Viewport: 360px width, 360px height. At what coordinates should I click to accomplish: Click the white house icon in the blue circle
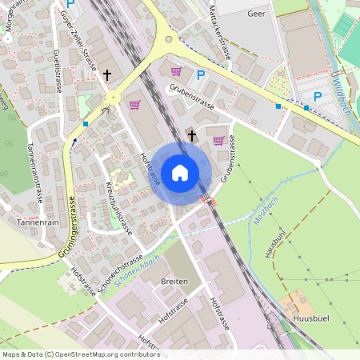pyautogui.click(x=180, y=173)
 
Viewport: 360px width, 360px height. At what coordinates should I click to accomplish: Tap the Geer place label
pyautogui.click(x=256, y=14)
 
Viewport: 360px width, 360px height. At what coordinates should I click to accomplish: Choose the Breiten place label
pyautogui.click(x=174, y=282)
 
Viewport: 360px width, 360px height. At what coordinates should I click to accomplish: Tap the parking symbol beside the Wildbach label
pyautogui.click(x=317, y=97)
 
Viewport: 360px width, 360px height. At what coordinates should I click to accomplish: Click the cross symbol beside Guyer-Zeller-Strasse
pyautogui.click(x=106, y=74)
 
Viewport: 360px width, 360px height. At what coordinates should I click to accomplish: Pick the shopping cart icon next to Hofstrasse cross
pyautogui.click(x=218, y=141)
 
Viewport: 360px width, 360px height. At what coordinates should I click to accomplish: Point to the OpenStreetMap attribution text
pyautogui.click(x=70, y=354)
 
